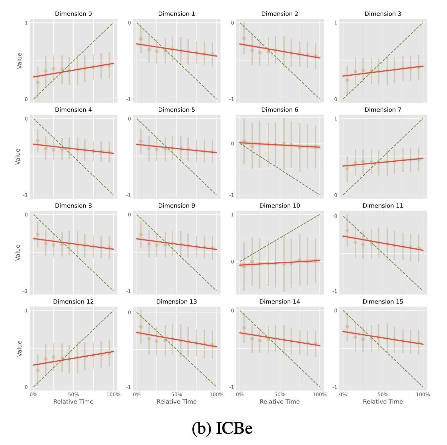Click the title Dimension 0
tap(73, 14)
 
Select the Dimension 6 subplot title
tap(280, 110)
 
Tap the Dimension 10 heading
tap(280, 206)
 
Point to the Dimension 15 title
tap(383, 302)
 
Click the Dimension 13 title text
tap(176, 302)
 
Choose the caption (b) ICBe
tap(222, 428)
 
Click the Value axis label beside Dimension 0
tap(20, 61)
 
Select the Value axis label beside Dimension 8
tap(18, 252)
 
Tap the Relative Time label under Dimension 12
tap(73, 402)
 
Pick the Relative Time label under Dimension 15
tap(383, 402)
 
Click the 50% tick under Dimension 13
tap(176, 395)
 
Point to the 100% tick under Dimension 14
tap(319, 395)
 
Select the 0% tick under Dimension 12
tap(33, 395)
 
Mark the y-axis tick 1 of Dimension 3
tap(335, 23)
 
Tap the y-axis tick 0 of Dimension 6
tap(232, 143)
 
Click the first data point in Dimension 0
tap(38, 82)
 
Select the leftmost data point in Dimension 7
tap(347, 169)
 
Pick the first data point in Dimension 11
tap(347, 230)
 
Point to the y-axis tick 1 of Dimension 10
tap(232, 215)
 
